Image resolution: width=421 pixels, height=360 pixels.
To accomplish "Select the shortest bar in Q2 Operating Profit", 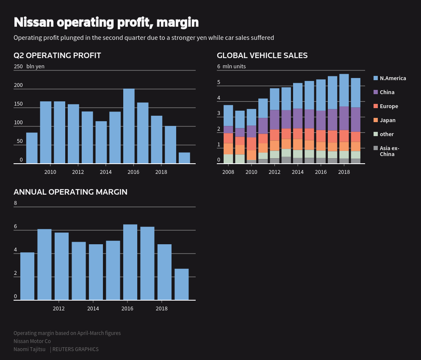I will point(184,158).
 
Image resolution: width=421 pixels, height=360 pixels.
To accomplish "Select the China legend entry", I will point(387,92).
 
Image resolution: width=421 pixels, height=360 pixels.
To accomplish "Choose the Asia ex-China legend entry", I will point(389,151).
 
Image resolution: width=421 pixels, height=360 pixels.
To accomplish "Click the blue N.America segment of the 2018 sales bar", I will point(344,90).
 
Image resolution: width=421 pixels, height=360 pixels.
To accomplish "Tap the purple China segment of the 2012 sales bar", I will point(274,120).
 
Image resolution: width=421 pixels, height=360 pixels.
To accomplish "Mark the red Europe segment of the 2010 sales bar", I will point(252,143).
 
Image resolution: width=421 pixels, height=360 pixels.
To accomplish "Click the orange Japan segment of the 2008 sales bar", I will point(228,148).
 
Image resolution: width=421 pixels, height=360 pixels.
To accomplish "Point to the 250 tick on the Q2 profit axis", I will point(18,66).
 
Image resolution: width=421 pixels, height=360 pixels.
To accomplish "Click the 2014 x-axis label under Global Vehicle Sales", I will point(298,172).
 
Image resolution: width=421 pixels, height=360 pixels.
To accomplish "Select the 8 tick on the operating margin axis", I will point(16,203).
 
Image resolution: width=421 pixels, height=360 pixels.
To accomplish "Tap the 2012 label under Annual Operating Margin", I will point(59,308).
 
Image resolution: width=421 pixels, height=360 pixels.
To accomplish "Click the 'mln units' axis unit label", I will point(234,66).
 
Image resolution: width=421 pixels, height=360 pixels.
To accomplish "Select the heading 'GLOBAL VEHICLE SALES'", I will point(262,56).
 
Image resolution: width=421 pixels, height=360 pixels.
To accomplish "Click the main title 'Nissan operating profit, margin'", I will point(106,22).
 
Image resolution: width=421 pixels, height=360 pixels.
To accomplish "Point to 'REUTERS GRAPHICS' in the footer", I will point(75,349).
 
